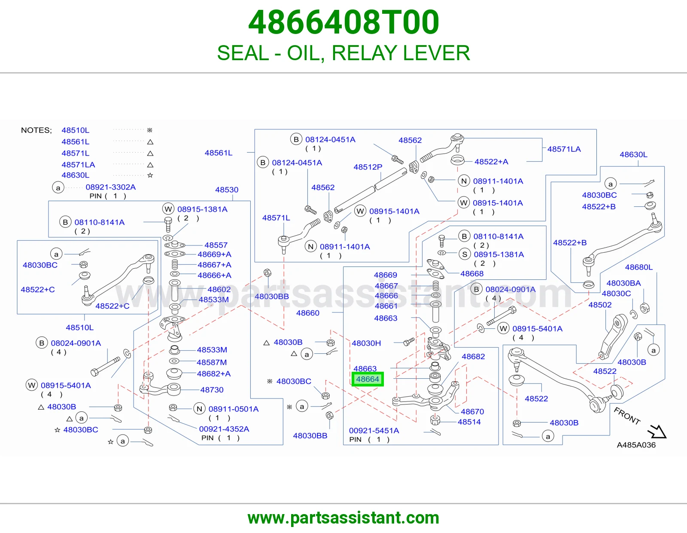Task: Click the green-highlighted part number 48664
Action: pyautogui.click(x=368, y=379)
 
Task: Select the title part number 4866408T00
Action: pyautogui.click(x=343, y=22)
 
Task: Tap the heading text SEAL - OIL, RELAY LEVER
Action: pyautogui.click(x=343, y=53)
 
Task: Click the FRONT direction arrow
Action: pyautogui.click(x=657, y=432)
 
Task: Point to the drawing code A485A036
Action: pyautogui.click(x=636, y=445)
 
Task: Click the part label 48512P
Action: pyautogui.click(x=368, y=167)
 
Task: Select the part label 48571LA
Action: pyautogui.click(x=564, y=149)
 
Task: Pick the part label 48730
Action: pyautogui.click(x=212, y=389)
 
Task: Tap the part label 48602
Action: pyautogui.click(x=219, y=289)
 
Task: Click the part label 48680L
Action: pyautogui.click(x=638, y=267)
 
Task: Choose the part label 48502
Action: pyautogui.click(x=600, y=305)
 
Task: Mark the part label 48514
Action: pyautogui.click(x=469, y=422)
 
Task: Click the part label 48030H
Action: pyautogui.click(x=366, y=343)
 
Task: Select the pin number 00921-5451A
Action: pyautogui.click(x=374, y=430)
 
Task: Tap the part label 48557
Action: pyautogui.click(x=216, y=245)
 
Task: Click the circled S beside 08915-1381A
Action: pyautogui.click(x=465, y=254)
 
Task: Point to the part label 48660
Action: pyautogui.click(x=307, y=313)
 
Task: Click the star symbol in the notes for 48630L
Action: pyautogui.click(x=150, y=175)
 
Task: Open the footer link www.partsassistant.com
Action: pyautogui.click(x=343, y=518)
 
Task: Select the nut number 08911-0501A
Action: pyautogui.click(x=233, y=409)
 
